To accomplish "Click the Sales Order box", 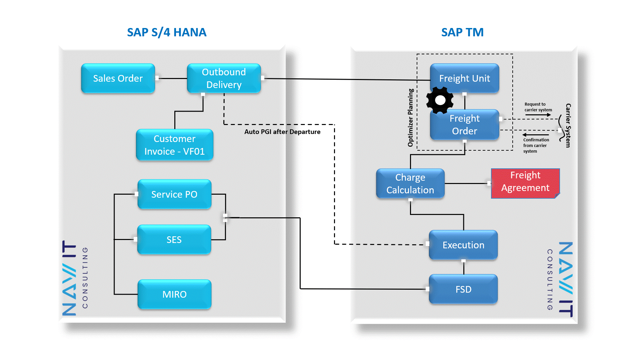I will [118, 78].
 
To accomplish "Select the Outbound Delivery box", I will [224, 78].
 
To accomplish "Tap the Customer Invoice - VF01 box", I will [174, 145].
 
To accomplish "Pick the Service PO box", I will [174, 194].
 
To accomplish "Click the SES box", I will [174, 240].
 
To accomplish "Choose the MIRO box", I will [174, 294].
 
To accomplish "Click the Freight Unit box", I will [464, 78].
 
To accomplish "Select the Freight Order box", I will [464, 125].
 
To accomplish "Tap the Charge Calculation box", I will [410, 184].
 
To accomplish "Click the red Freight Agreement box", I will [525, 182].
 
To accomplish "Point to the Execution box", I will [463, 245].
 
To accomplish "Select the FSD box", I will [463, 289].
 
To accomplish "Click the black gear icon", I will [440, 100].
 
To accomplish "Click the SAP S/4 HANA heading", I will [167, 32].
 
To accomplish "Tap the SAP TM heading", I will [462, 32].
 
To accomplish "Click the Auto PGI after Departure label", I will [282, 132].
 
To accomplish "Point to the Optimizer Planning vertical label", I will [410, 117].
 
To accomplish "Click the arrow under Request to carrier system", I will [538, 115].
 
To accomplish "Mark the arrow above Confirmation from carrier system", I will [536, 135].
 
